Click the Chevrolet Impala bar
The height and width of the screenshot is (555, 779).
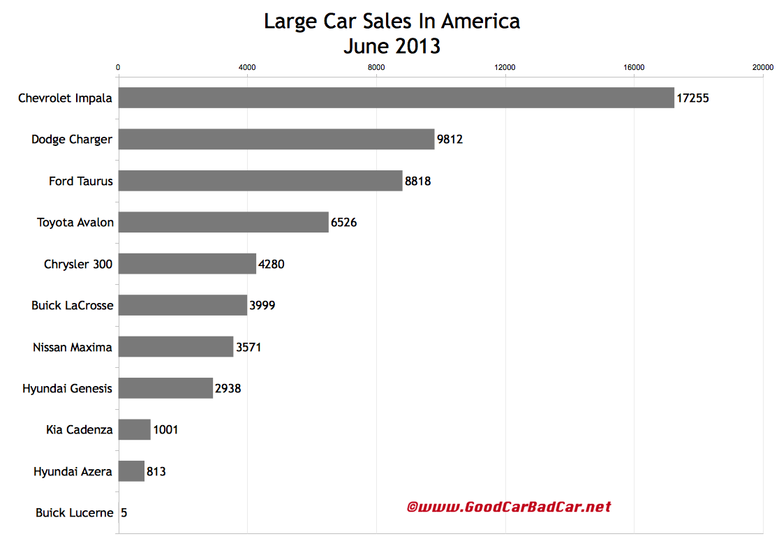click(396, 98)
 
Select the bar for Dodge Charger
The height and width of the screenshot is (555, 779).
click(276, 139)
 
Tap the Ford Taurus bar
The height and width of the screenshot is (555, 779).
click(260, 181)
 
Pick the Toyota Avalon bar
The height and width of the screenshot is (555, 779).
click(223, 222)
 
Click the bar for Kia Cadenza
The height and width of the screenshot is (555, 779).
click(134, 429)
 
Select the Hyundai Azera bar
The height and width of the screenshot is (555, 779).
click(131, 471)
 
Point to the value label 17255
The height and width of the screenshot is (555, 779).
click(692, 98)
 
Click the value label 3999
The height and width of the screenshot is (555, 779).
click(262, 305)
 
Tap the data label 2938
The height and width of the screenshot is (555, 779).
click(228, 388)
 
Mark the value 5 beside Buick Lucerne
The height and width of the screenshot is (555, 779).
click(124, 512)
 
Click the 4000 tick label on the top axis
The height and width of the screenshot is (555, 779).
click(247, 68)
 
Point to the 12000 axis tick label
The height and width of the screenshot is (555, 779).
click(505, 68)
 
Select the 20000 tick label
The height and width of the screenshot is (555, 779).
click(762, 68)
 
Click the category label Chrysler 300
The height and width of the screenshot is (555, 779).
click(77, 264)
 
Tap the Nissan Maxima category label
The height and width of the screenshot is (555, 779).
click(73, 347)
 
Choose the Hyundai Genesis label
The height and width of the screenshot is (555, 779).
click(67, 388)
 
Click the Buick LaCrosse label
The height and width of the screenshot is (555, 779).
click(72, 305)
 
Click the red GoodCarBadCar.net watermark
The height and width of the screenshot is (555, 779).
click(509, 507)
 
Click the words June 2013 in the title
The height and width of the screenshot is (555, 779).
click(392, 46)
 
